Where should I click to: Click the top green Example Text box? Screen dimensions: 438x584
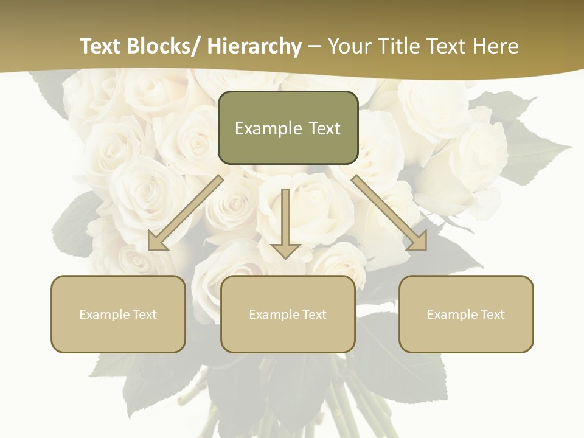[x=288, y=128]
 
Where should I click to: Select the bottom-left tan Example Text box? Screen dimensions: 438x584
[x=118, y=314]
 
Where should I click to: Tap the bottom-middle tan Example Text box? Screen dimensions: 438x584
[x=288, y=314]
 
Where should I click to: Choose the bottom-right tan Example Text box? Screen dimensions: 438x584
[x=466, y=314]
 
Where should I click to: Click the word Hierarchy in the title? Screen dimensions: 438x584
[x=254, y=46]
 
